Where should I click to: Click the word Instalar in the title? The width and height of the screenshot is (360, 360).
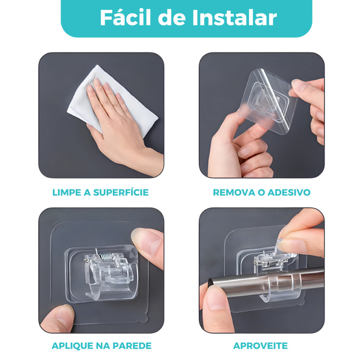tap(234, 18)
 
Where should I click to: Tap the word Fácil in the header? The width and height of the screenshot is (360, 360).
tap(126, 18)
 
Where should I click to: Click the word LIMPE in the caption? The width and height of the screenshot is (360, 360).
tap(67, 192)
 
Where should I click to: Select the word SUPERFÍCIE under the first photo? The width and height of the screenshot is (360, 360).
tap(121, 192)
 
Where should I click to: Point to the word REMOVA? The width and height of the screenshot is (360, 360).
tap(234, 192)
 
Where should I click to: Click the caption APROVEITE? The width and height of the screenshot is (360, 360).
tap(261, 346)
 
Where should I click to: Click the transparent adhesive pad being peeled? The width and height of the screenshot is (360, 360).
tap(268, 101)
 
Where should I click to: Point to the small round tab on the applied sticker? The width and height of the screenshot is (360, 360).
tap(144, 319)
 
